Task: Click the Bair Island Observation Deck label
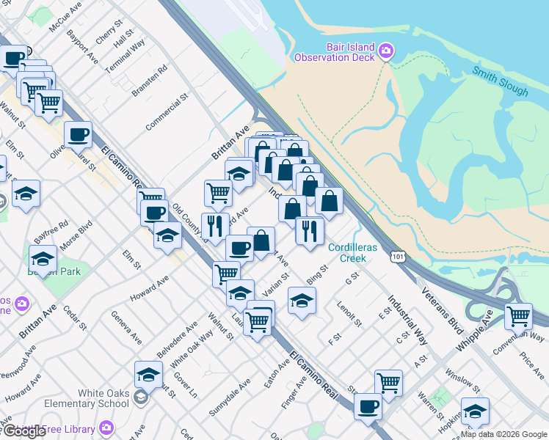[x=335, y=51]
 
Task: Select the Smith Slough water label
[x=500, y=81]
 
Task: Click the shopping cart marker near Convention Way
[x=518, y=316]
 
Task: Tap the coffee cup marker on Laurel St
[x=78, y=134]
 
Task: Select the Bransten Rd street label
[x=150, y=80]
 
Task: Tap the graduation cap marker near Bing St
[x=301, y=300]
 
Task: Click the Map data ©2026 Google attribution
[x=503, y=434]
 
